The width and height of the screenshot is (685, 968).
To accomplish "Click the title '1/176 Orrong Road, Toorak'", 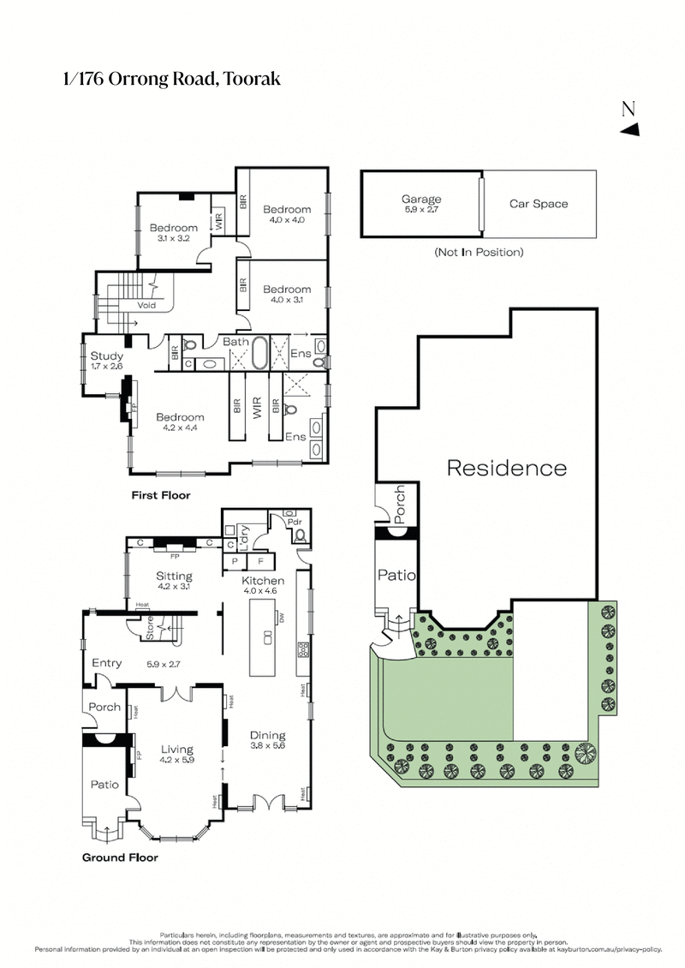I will pyautogui.click(x=171, y=79).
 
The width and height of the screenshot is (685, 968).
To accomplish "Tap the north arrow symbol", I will pyautogui.click(x=630, y=129).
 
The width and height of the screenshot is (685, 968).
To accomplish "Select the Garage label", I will pyautogui.click(x=421, y=200).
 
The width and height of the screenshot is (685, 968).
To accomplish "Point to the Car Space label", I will pyautogui.click(x=539, y=204).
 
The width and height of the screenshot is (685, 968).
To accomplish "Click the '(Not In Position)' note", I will pyautogui.click(x=479, y=252).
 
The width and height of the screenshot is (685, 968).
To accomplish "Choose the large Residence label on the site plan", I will pyautogui.click(x=507, y=468).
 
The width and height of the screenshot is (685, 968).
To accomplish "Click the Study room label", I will pyautogui.click(x=107, y=356).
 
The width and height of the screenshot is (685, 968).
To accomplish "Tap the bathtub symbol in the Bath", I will pyautogui.click(x=259, y=353).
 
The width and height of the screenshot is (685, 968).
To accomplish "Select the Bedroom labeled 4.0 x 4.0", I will pyautogui.click(x=287, y=210).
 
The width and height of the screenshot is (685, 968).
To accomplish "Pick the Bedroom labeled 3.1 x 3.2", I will pyautogui.click(x=174, y=228).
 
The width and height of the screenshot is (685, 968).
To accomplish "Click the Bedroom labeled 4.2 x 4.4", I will pyautogui.click(x=180, y=418).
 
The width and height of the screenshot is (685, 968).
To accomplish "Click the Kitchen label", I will pyautogui.click(x=263, y=581).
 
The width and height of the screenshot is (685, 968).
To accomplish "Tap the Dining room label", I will pyautogui.click(x=267, y=735).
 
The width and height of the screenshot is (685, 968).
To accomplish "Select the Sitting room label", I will pyautogui.click(x=174, y=577).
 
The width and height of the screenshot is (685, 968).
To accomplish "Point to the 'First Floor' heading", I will pyautogui.click(x=160, y=495).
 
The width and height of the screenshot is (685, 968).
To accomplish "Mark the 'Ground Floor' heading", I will pyautogui.click(x=120, y=857).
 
